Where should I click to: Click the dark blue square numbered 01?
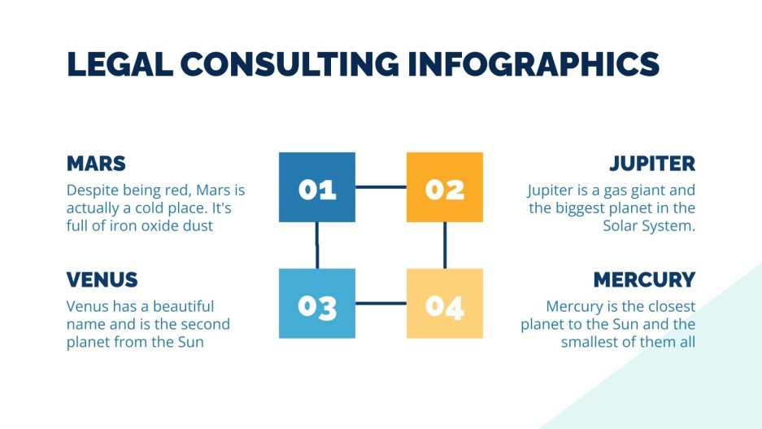317,187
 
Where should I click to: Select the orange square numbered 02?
444,187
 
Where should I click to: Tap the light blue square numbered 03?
317,304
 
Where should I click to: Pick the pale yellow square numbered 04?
444,304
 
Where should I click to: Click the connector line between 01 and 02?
381,187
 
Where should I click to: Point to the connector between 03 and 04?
381,304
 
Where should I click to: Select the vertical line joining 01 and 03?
317,245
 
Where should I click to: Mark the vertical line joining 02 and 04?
444,245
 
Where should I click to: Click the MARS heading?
96,164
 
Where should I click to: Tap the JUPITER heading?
652,164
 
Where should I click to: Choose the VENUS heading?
102,280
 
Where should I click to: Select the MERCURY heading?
644,280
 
